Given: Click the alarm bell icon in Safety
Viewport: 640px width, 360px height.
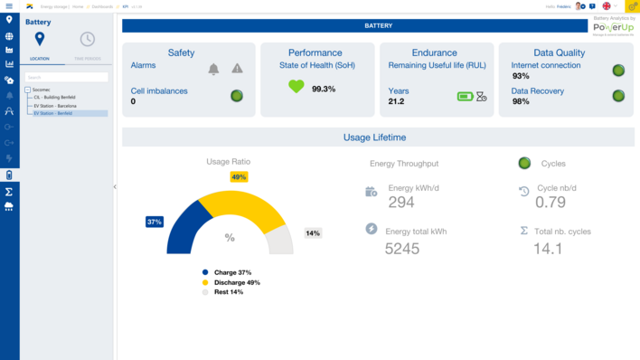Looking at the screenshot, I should pyautogui.click(x=214, y=69).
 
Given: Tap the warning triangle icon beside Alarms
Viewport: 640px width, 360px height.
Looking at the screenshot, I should pyautogui.click(x=237, y=69).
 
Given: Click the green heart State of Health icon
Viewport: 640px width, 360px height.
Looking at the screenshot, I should pyautogui.click(x=296, y=87).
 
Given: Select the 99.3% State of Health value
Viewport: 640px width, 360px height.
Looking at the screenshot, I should pyautogui.click(x=324, y=89).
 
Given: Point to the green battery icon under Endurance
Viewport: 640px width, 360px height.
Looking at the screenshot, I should pyautogui.click(x=465, y=96).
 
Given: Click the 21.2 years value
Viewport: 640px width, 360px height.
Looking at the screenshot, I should pyautogui.click(x=396, y=101).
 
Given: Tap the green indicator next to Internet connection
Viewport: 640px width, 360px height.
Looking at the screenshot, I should pyautogui.click(x=618, y=71).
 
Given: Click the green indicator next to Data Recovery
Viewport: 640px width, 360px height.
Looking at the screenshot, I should pyautogui.click(x=618, y=96).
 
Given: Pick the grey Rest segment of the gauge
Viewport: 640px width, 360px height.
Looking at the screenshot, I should pyautogui.click(x=279, y=240).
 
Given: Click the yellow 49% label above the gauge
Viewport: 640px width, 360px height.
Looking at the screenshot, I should pyautogui.click(x=239, y=177).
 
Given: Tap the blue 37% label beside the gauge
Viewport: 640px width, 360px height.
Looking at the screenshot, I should pyautogui.click(x=155, y=222).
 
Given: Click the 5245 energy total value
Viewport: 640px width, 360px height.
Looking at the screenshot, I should pyautogui.click(x=402, y=249).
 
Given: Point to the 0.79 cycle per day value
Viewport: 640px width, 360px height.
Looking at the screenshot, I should pyautogui.click(x=551, y=203).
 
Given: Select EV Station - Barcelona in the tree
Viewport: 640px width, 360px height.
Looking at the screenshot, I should pyautogui.click(x=55, y=106).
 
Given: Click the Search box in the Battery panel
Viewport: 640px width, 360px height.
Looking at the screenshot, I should pyautogui.click(x=66, y=78).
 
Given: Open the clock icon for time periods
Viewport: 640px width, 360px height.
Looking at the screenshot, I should pyautogui.click(x=87, y=39).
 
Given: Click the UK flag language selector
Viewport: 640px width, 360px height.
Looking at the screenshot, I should pyautogui.click(x=607, y=6).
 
